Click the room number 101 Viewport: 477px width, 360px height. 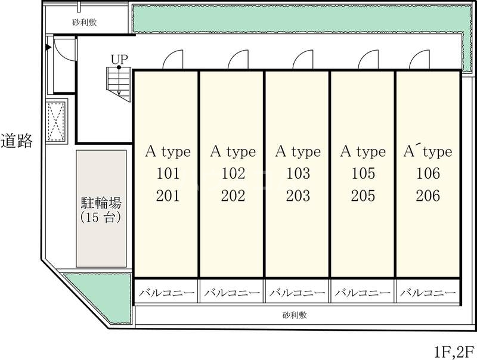(168, 173)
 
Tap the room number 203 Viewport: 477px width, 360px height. (298, 196)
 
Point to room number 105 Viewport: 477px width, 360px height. (363, 173)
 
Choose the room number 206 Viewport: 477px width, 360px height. (428, 196)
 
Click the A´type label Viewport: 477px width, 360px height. (428, 152)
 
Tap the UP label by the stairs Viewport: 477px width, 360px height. (119, 59)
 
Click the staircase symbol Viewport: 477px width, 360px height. (119, 84)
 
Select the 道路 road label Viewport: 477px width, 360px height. (17, 141)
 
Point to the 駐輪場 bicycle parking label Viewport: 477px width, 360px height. (101, 203)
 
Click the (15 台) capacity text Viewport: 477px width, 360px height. (101, 217)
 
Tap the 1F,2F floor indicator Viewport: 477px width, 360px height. (454, 352)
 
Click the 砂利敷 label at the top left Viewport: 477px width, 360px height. (85, 22)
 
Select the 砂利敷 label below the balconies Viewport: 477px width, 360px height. (295, 315)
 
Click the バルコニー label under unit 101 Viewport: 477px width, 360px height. (167, 293)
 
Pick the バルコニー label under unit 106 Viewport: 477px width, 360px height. (428, 293)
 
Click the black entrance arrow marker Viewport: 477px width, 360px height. (48, 47)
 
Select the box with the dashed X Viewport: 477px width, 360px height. (57, 122)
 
